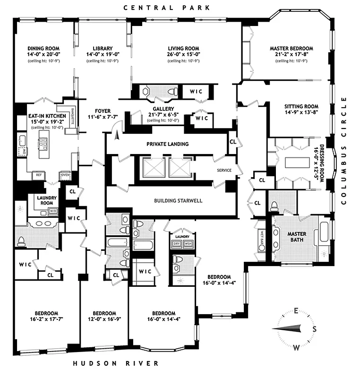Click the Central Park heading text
click(166, 8)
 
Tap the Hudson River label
click(116, 363)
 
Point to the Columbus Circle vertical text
click(343, 151)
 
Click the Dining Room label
click(41, 49)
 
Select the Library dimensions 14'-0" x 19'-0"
click(102, 55)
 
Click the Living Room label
click(184, 49)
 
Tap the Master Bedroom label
click(291, 49)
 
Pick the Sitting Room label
click(301, 106)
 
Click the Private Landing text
click(167, 144)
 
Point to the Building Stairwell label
click(178, 201)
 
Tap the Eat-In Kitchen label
click(41, 115)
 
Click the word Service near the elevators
click(224, 170)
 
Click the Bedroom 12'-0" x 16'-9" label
click(104, 313)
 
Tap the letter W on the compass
click(296, 348)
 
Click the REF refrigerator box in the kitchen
click(40, 175)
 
